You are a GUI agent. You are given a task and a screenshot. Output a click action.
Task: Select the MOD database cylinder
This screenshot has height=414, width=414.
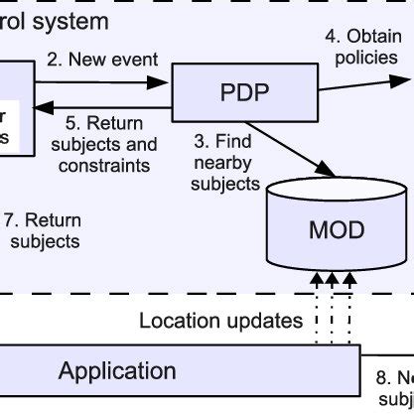click(x=337, y=230)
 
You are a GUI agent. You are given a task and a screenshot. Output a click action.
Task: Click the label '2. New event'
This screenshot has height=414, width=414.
click(x=102, y=59)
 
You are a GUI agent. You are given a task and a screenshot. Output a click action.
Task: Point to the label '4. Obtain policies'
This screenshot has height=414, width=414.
click(x=360, y=47)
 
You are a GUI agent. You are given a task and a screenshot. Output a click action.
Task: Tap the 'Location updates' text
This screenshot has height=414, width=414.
click(x=220, y=321)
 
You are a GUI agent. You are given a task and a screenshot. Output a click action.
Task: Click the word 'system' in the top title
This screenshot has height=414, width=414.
click(x=71, y=20)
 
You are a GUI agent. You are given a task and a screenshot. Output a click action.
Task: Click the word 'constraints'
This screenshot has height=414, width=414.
click(x=104, y=165)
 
